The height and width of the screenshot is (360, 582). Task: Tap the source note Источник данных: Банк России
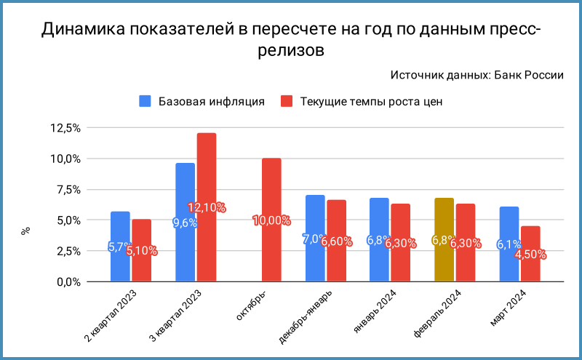(x=477, y=75)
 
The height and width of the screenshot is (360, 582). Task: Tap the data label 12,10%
(x=207, y=208)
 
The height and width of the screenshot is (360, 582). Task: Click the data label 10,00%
(x=271, y=220)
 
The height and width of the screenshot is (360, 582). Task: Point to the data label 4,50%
(x=530, y=255)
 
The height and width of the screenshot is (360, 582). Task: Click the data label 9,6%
(x=185, y=223)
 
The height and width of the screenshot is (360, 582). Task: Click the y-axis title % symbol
(x=25, y=231)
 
